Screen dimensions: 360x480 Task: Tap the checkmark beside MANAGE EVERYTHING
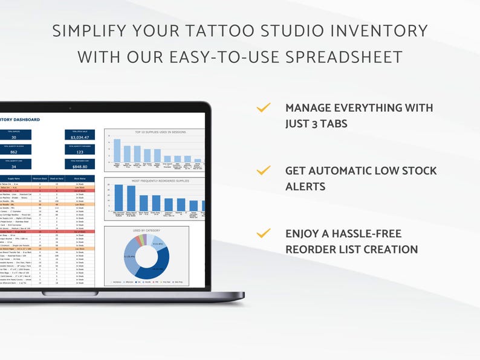click(x=264, y=108)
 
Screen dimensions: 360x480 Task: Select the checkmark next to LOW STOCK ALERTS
click(x=264, y=171)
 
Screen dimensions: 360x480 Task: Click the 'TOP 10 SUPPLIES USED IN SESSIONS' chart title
click(x=154, y=132)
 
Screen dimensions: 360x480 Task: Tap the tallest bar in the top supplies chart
click(x=117, y=150)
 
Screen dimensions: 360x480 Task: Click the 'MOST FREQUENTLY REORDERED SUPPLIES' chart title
click(x=154, y=181)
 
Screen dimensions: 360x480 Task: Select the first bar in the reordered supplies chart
click(x=118, y=198)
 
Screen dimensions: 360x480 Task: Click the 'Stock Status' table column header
click(x=80, y=179)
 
